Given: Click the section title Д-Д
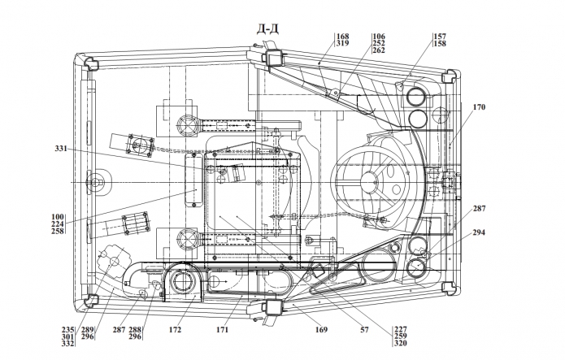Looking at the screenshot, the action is point(267,28).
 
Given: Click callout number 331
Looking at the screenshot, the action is point(61,148).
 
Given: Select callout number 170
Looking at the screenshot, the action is point(479,107).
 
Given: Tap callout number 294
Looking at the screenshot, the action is point(479,232).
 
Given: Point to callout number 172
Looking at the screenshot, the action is point(175,329).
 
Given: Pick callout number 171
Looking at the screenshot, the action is point(222,329).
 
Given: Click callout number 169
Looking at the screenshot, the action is point(321,329).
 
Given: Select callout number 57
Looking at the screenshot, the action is point(364,329).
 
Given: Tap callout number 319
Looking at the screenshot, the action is point(343,43).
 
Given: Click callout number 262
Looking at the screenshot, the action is point(379,50).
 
